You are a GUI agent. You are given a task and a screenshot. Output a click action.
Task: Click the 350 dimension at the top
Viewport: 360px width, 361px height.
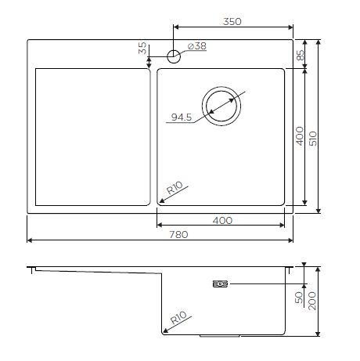pos(232,23)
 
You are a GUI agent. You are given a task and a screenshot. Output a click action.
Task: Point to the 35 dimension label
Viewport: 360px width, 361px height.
pos(142,49)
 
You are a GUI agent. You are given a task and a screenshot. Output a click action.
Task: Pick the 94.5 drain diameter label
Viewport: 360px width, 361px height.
pos(182,118)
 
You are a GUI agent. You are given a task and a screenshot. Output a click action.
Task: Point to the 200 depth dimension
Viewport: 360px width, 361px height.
pos(314,297)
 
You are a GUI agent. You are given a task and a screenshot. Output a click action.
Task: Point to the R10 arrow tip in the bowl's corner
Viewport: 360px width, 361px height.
pos(159,202)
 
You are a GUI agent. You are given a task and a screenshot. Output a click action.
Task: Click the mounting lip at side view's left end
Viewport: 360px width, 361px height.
pos(31,269)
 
